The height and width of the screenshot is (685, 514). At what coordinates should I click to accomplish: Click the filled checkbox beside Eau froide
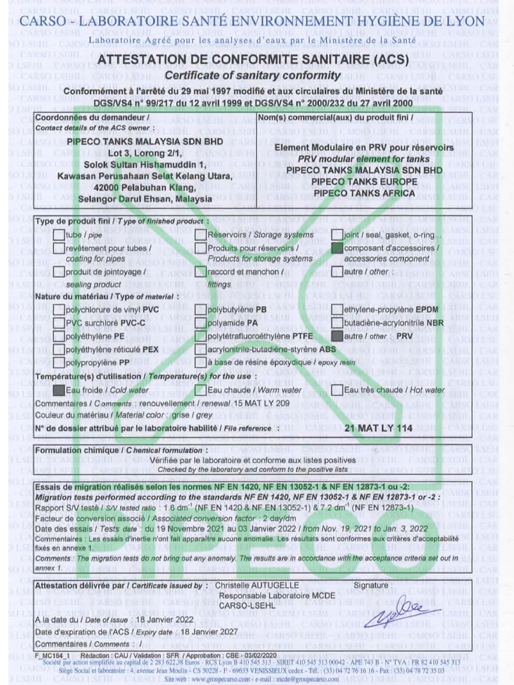(x=59, y=390)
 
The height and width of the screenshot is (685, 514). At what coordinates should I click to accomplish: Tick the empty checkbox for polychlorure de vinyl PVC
(x=59, y=310)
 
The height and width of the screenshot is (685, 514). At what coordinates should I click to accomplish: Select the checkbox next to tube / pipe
(x=59, y=235)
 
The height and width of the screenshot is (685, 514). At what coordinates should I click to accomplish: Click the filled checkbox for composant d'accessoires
(x=337, y=248)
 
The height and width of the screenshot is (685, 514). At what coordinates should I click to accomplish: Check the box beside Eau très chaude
(x=337, y=390)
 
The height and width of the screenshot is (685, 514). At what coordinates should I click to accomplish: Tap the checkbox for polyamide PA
(x=201, y=323)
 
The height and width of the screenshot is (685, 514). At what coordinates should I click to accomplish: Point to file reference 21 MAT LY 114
(x=378, y=428)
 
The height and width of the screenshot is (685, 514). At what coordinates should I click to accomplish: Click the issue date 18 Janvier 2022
(x=164, y=620)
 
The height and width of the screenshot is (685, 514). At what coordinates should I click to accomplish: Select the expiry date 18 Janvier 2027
(x=209, y=632)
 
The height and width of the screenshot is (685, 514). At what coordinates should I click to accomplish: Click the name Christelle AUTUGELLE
(x=257, y=585)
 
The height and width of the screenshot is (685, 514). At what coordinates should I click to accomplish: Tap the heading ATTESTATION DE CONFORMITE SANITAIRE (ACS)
(x=253, y=60)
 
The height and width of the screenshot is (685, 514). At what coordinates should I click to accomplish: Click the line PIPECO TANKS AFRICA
(x=364, y=193)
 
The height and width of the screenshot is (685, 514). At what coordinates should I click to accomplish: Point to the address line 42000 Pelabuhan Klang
(x=145, y=187)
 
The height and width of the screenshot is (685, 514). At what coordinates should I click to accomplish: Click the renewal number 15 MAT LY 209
(x=262, y=403)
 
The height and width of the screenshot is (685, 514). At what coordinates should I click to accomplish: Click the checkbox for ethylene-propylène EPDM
(x=337, y=310)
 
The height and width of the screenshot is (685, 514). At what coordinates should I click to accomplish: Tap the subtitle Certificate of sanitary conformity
(x=253, y=75)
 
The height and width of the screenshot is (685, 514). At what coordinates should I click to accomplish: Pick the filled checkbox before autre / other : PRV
(x=337, y=336)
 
